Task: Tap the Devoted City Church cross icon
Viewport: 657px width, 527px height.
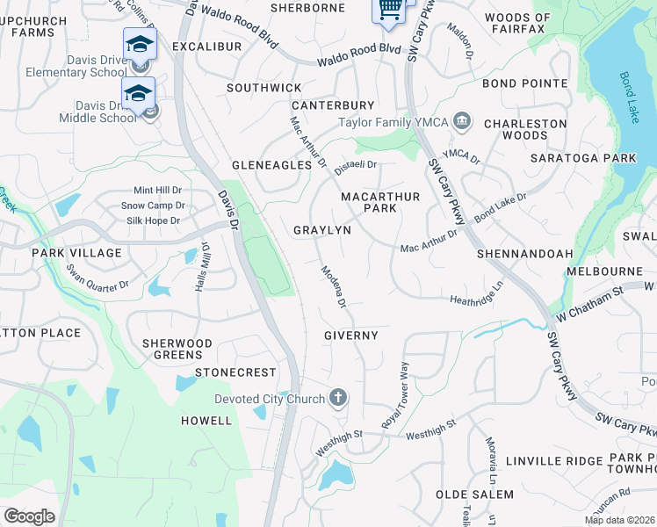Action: [x=337, y=399]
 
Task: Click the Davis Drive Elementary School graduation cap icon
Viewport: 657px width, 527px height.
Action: [x=140, y=44]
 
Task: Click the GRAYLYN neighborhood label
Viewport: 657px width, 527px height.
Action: [x=321, y=230]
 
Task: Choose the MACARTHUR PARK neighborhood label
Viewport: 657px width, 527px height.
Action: [x=380, y=202]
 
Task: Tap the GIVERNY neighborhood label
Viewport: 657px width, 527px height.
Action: [x=350, y=336]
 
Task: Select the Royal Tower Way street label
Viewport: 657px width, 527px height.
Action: [x=395, y=394]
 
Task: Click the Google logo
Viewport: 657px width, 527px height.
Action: [x=29, y=516]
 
